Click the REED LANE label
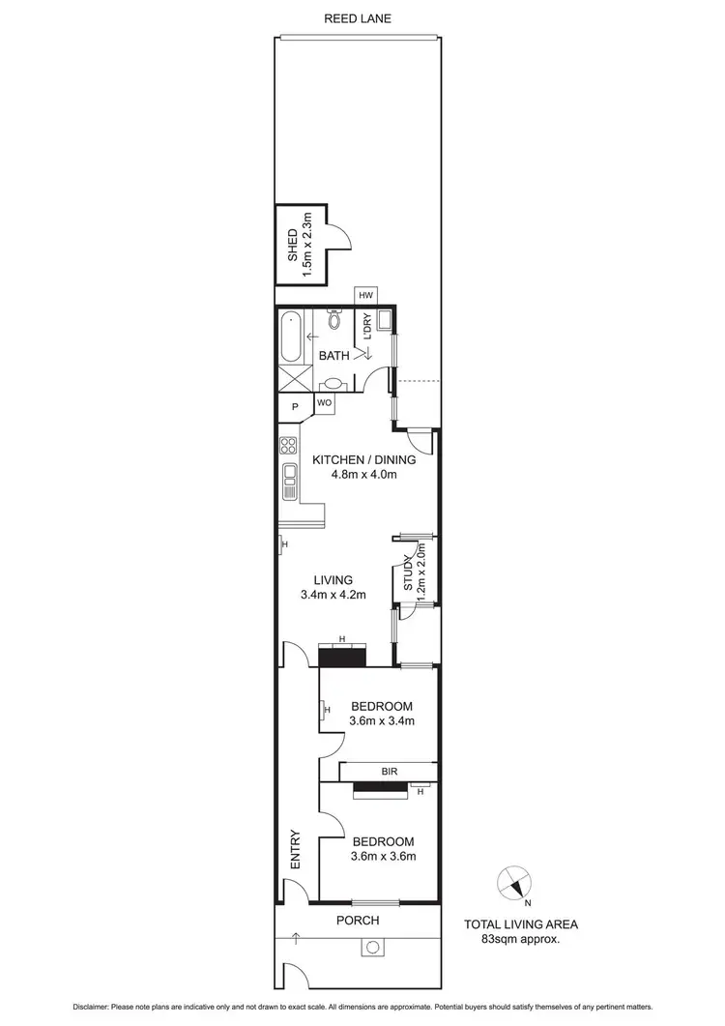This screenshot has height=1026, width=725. pyautogui.click(x=358, y=18)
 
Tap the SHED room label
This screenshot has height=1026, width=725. pyautogui.click(x=294, y=245)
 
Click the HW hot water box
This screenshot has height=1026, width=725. pyautogui.click(x=366, y=295)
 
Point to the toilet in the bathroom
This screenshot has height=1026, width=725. pyautogui.click(x=333, y=320)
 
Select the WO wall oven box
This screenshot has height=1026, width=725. pyautogui.click(x=325, y=401)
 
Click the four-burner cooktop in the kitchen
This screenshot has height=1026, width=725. pyautogui.click(x=288, y=446)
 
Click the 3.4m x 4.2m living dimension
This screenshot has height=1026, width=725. pyautogui.click(x=333, y=595)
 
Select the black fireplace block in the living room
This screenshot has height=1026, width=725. pyautogui.click(x=342, y=657)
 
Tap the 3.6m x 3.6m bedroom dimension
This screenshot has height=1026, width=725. pyautogui.click(x=382, y=857)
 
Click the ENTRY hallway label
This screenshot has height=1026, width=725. pyautogui.click(x=296, y=850)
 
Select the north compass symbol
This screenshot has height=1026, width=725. pyautogui.click(x=515, y=884)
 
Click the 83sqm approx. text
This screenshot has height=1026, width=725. pyautogui.click(x=522, y=938)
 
